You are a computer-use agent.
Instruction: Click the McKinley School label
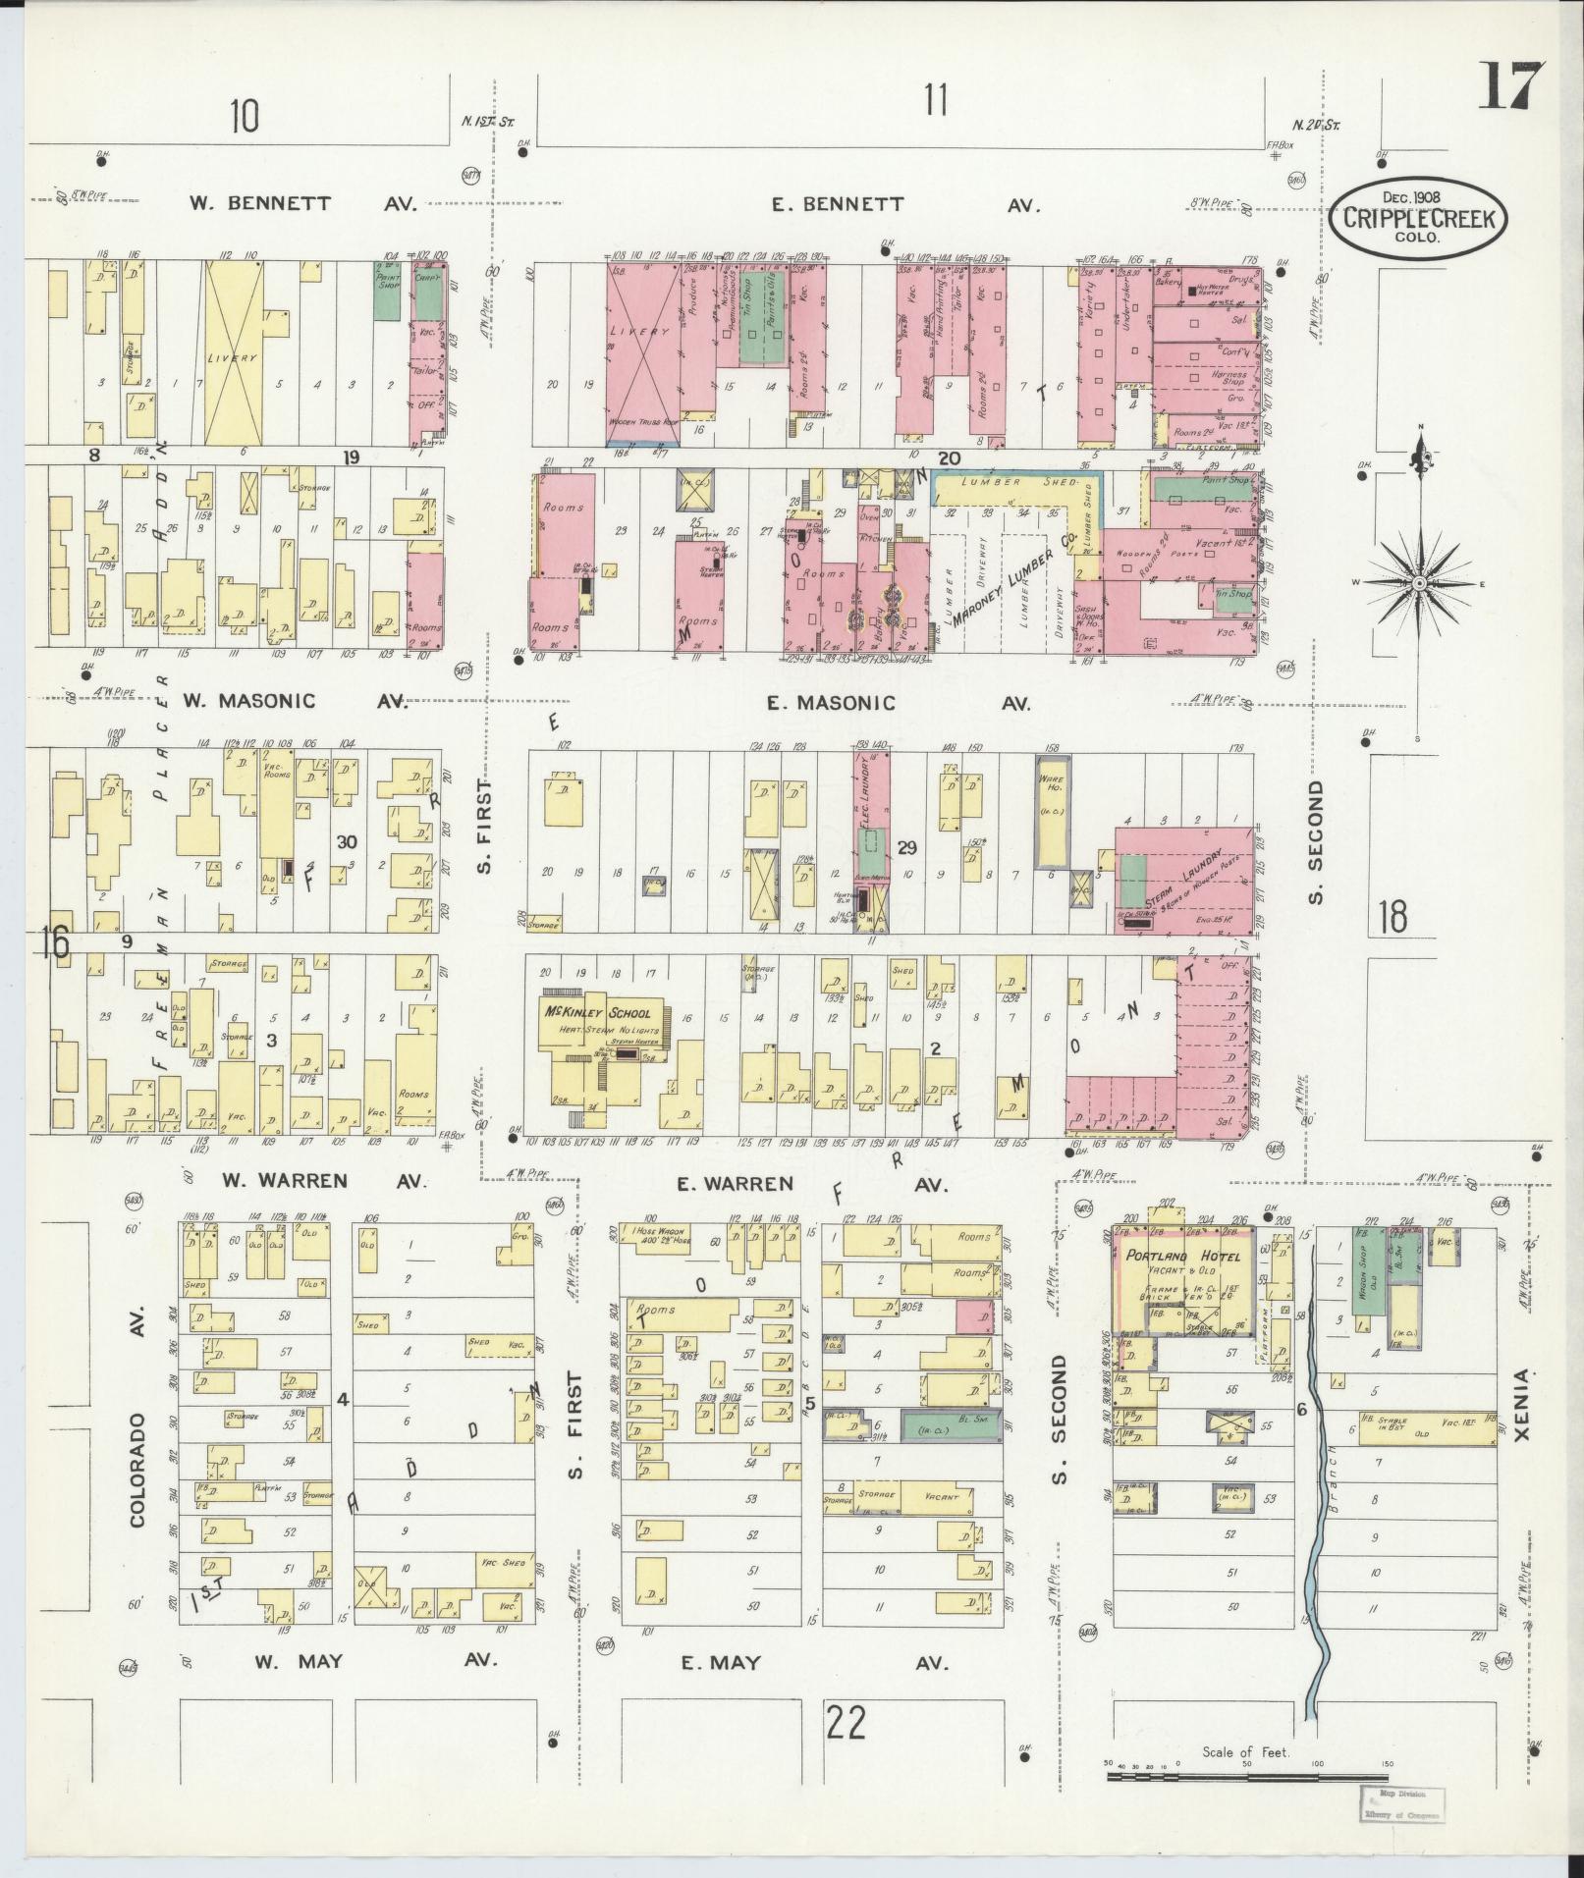pos(597,1013)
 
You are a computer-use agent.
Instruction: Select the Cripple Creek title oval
pos(1420,218)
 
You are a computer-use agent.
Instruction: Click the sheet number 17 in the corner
pos(1510,86)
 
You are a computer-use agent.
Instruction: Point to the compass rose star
pos(1418,584)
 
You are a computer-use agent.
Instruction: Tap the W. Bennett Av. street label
pos(302,204)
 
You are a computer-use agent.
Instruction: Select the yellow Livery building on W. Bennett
pos(234,355)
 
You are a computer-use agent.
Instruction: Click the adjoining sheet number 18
pos(1393,916)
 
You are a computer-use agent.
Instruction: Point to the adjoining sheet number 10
pos(245,117)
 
